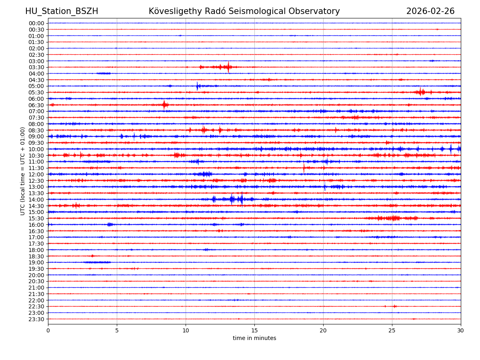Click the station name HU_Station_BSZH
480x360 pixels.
(62, 11)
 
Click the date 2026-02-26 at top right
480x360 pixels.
(430, 11)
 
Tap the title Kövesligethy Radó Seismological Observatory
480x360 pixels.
(244, 11)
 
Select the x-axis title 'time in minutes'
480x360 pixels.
(254, 338)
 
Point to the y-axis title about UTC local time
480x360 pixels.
(23, 171)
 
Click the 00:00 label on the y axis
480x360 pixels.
(36, 23)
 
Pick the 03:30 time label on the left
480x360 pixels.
(36, 67)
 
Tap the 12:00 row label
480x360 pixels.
(36, 174)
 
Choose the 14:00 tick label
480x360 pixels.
(36, 200)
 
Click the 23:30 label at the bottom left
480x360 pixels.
(36, 319)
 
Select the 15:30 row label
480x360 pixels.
(36, 218)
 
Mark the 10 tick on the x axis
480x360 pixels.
(186, 330)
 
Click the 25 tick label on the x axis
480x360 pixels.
(392, 330)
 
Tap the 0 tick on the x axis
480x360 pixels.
(48, 330)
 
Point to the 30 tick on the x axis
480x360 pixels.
(461, 330)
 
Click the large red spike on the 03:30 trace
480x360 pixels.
(228, 67)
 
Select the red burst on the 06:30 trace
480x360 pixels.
(164, 105)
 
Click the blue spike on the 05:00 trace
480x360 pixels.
(197, 86)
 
